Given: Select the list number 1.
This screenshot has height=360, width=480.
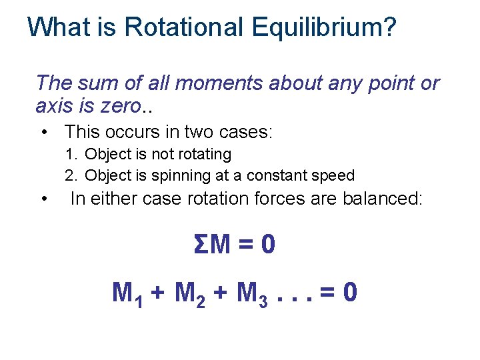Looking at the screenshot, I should click(x=71, y=155).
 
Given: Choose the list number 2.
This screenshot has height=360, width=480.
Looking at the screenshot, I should click(x=71, y=176).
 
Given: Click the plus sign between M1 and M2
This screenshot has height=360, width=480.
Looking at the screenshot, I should click(x=158, y=293).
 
